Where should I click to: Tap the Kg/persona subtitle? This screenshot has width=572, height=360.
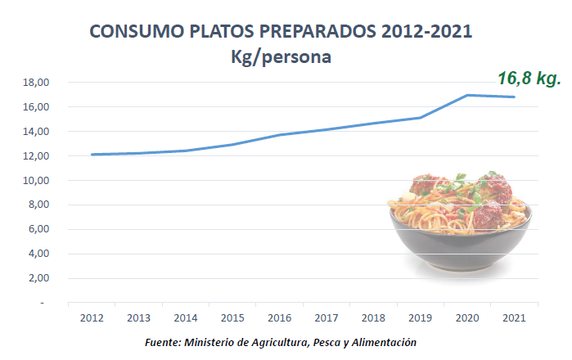[x=281, y=58]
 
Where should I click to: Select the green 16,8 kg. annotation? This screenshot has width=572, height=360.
[x=529, y=79]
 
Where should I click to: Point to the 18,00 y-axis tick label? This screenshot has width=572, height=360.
[x=38, y=83]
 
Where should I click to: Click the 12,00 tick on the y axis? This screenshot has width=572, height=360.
[x=38, y=156]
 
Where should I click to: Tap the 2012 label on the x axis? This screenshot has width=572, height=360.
[x=91, y=317]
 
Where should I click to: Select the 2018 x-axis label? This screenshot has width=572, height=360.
[x=373, y=317]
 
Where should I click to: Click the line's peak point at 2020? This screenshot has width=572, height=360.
[x=467, y=95]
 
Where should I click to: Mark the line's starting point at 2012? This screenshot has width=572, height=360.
[x=91, y=155]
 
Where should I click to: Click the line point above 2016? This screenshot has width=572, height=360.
[x=279, y=135]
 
